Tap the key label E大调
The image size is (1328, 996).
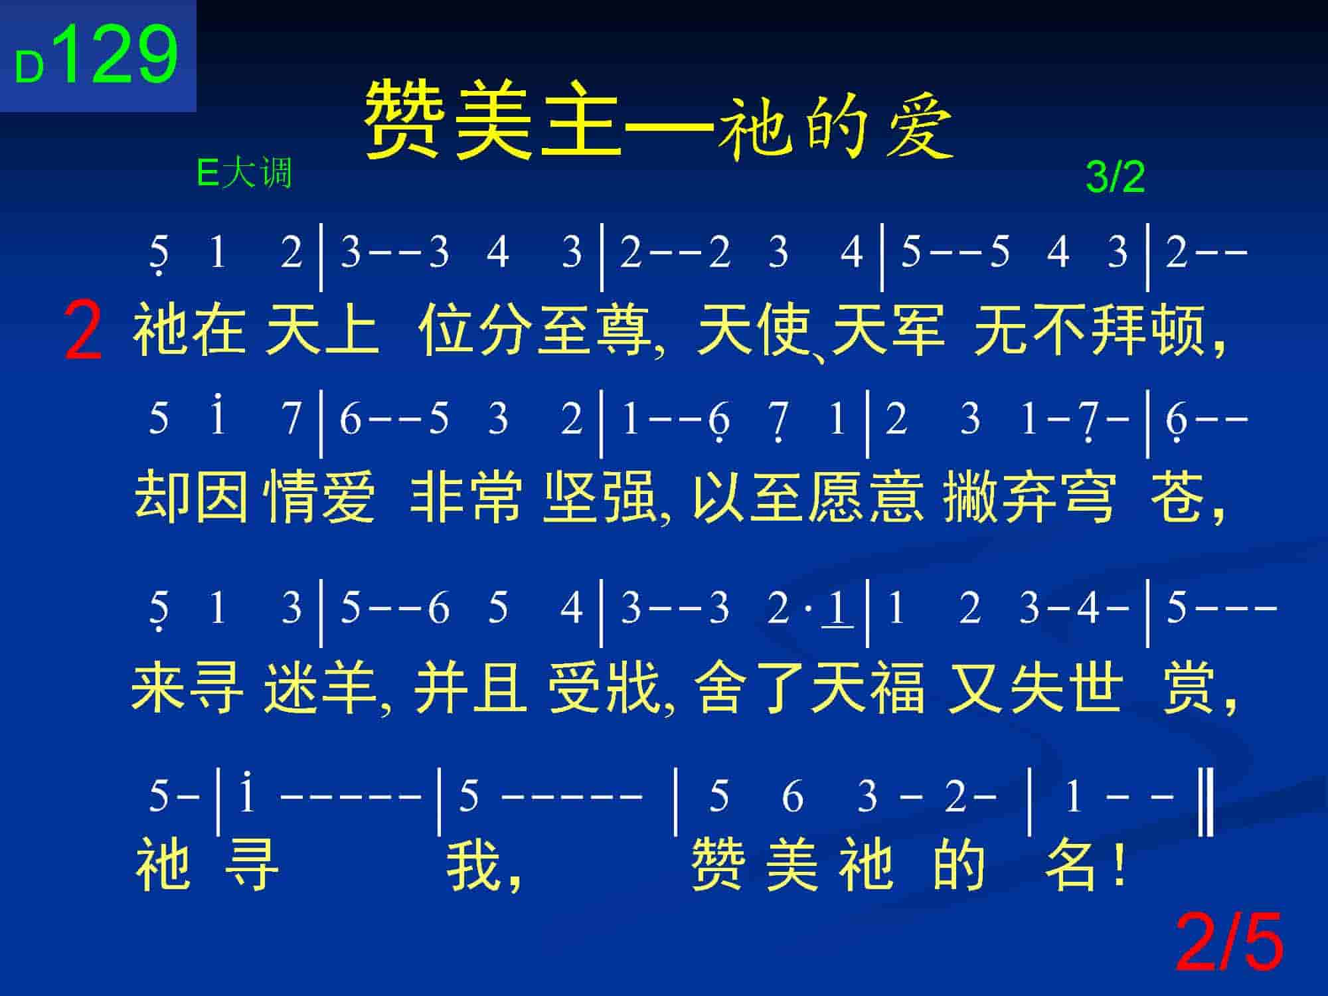244,174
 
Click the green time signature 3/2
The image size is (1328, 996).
1115,177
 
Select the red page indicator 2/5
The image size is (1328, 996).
1229,942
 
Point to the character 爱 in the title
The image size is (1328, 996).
920,126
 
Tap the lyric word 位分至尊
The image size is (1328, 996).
535,330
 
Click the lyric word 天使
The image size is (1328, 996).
754,330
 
